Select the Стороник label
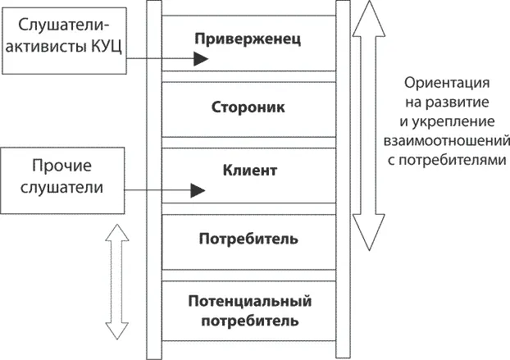[249, 107]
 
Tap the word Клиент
[249, 171]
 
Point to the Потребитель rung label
[248, 239]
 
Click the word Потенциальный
[249, 301]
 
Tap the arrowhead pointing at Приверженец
[200, 59]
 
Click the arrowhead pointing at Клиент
[197, 191]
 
